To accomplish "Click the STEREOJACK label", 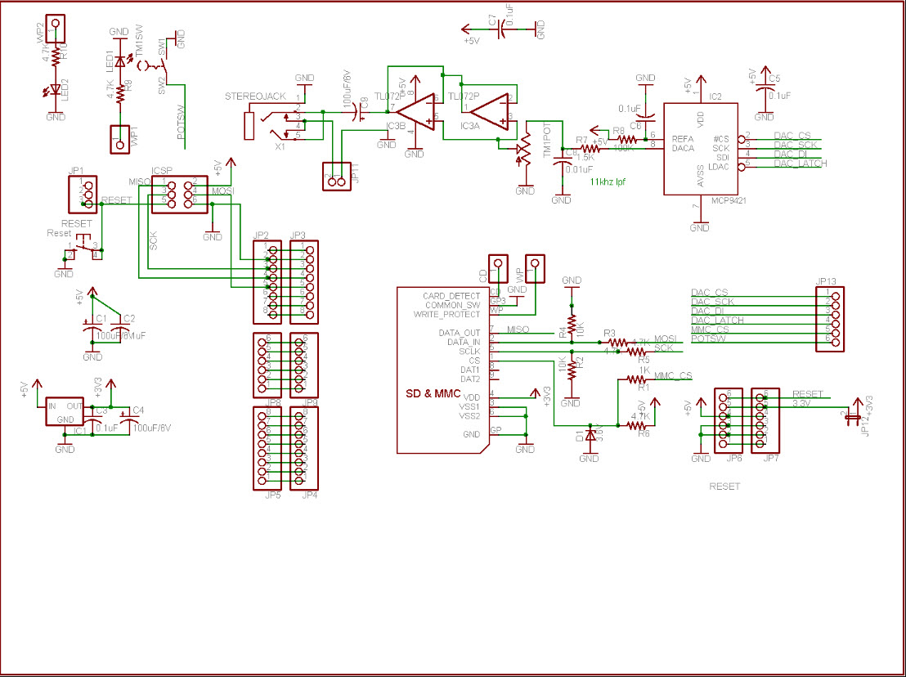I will [255, 96].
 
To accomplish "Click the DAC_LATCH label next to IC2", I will [801, 164].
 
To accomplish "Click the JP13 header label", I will [826, 281].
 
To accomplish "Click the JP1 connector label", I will [76, 171].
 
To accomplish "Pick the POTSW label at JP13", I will [707, 338].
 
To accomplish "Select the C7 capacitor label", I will [491, 23].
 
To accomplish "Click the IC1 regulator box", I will [65, 412].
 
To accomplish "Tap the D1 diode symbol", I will [589, 437].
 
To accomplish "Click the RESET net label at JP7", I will [808, 394].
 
